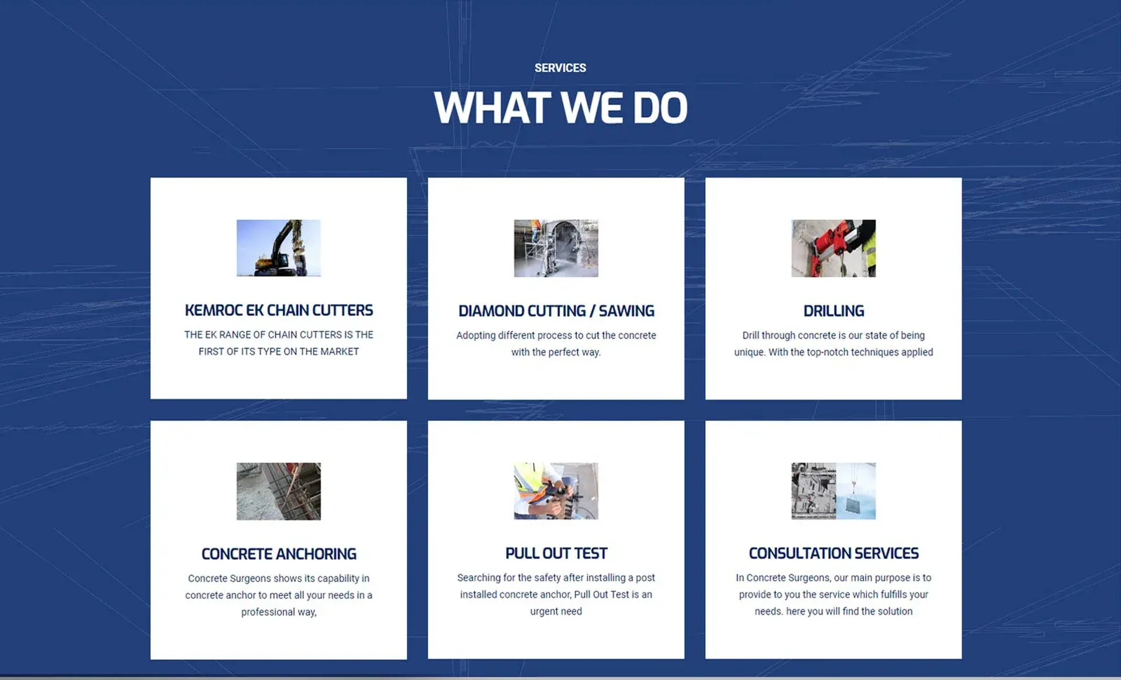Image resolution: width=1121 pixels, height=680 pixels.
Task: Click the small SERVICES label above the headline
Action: (560, 68)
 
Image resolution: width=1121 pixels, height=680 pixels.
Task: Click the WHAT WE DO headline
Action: (560, 107)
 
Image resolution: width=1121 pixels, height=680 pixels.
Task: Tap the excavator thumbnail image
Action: (279, 248)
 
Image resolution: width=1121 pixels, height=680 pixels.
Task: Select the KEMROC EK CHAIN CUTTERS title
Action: (279, 310)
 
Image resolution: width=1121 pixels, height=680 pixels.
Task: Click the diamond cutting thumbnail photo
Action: (556, 248)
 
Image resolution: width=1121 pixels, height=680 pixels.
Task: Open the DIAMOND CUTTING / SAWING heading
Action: (556, 311)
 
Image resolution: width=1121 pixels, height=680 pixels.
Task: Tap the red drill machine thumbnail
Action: (833, 248)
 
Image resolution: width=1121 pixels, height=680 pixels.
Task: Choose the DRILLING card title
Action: (833, 311)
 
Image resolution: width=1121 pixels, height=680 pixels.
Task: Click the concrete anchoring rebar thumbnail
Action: (279, 492)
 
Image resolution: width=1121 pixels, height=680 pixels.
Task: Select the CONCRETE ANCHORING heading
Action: (279, 554)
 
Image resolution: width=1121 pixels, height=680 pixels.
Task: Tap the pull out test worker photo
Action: (556, 491)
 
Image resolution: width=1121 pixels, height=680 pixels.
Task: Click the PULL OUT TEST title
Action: (556, 553)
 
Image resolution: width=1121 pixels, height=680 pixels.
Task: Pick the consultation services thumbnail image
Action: (833, 491)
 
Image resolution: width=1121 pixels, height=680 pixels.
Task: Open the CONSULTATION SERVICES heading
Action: (833, 553)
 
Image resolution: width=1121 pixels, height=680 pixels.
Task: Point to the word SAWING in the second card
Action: (626, 311)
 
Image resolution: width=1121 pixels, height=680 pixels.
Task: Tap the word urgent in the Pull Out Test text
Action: (543, 611)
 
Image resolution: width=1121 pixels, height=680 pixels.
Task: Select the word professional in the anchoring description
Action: (266, 612)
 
